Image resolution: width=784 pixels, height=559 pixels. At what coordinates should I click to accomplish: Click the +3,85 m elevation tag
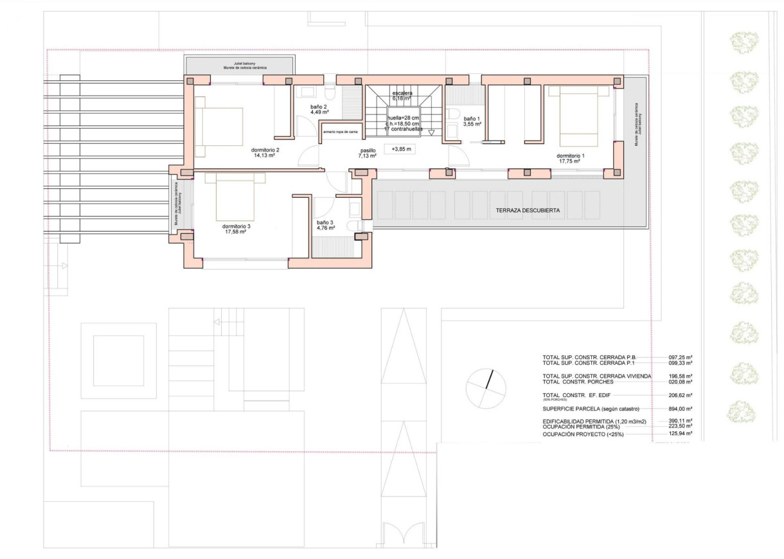[400, 148]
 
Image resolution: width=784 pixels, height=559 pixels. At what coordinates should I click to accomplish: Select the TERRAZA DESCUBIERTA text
[528, 211]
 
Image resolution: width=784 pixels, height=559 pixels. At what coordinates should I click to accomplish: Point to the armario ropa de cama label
[341, 132]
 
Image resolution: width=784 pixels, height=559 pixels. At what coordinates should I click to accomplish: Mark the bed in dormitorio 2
[220, 127]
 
